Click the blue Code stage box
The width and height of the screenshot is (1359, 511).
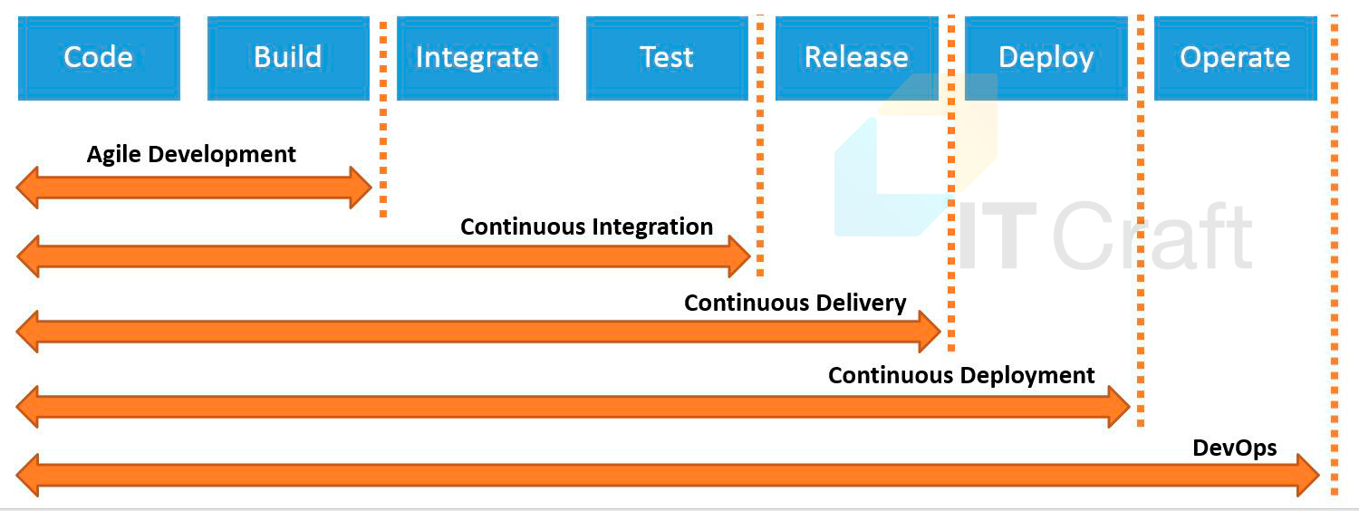tap(99, 58)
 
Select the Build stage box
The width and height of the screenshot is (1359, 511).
tap(288, 58)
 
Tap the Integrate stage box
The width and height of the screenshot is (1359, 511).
tap(477, 58)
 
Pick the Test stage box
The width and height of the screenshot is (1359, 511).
tap(667, 58)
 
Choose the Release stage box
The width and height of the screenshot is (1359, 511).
tap(857, 58)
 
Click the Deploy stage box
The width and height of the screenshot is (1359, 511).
tap(1046, 58)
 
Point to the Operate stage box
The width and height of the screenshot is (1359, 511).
tap(1235, 58)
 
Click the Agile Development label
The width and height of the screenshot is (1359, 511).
tap(191, 155)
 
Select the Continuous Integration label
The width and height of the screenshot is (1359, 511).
tap(587, 227)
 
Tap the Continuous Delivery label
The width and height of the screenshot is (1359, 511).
tap(795, 303)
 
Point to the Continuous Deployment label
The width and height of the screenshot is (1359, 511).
tap(961, 376)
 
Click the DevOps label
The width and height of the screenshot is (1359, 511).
tap(1235, 448)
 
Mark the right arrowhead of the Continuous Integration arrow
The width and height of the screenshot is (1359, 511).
tap(739, 256)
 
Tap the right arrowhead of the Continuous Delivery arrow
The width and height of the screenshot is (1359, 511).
tap(930, 332)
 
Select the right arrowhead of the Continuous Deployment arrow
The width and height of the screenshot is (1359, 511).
tap(1119, 407)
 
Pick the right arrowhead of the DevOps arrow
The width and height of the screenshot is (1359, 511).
tap(1308, 475)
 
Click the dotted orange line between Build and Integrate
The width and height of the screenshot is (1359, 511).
tap(383, 119)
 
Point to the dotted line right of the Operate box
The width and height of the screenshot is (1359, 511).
tap(1335, 255)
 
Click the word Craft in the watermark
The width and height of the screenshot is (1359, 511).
tap(1152, 236)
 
